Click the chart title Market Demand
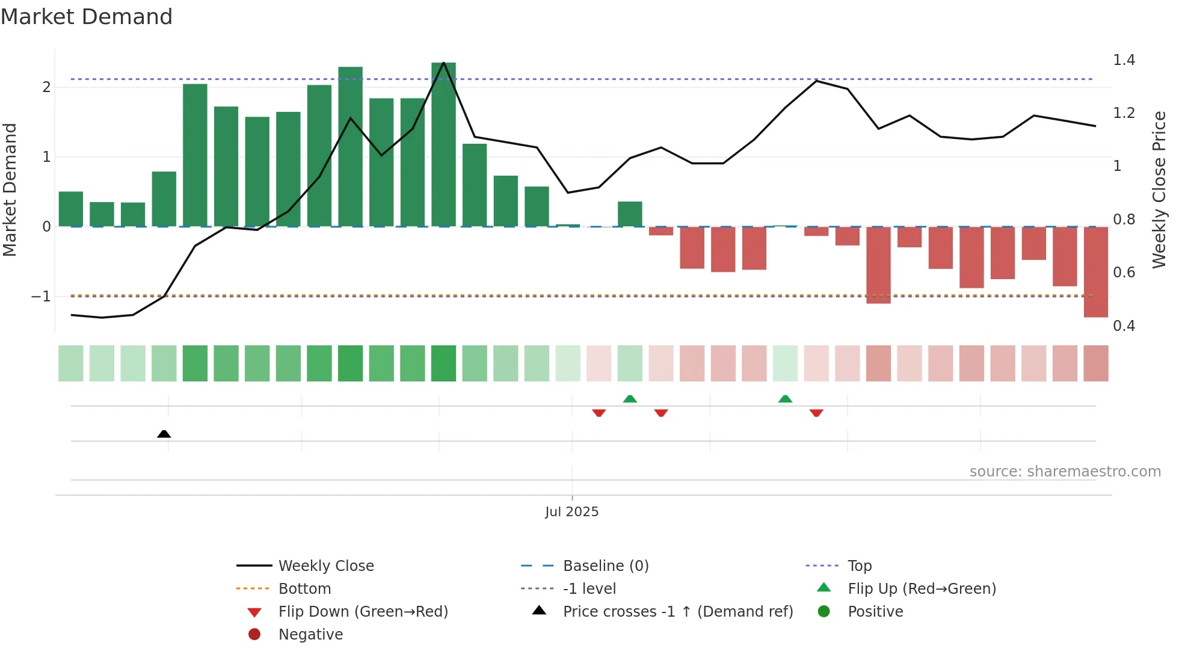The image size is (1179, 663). (x=87, y=17)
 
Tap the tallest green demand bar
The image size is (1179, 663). (x=443, y=144)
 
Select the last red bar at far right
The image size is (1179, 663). (x=1095, y=272)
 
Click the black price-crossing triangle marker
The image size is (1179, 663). (x=164, y=434)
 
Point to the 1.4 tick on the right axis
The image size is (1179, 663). (x=1124, y=60)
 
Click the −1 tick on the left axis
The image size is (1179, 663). (x=41, y=297)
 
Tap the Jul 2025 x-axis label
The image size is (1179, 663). (x=571, y=512)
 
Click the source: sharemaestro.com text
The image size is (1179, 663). (x=1065, y=472)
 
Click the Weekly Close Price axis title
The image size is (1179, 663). (x=1159, y=190)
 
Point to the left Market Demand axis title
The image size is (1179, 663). (x=10, y=190)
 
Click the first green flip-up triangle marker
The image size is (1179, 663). (x=630, y=399)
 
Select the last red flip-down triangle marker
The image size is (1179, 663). (x=816, y=413)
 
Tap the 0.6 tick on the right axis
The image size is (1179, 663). (x=1124, y=273)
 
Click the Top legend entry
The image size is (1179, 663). (x=859, y=566)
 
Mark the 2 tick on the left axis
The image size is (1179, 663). (x=46, y=87)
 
